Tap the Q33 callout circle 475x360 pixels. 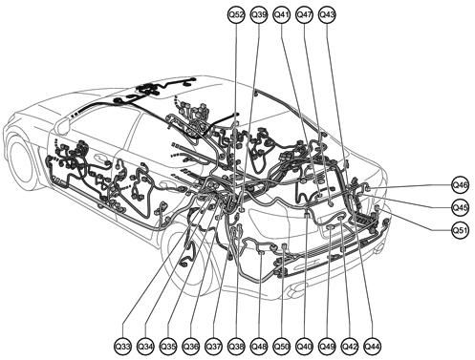coord(122,344)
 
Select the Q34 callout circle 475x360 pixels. coord(145,344)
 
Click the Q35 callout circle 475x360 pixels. coord(168,344)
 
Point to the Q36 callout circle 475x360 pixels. coord(191,344)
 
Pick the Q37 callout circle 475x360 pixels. coord(214,344)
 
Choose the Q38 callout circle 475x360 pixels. coord(237,344)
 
